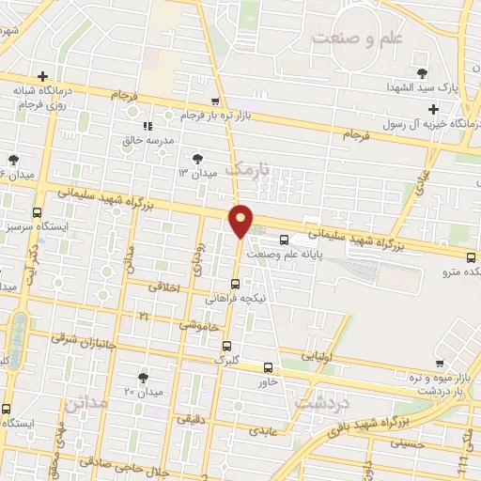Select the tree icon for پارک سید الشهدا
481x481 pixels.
click(x=422, y=71)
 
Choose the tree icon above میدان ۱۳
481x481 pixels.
click(x=197, y=159)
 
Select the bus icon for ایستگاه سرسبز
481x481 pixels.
click(x=37, y=212)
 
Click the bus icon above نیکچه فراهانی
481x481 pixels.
click(x=235, y=284)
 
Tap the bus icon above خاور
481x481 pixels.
click(x=269, y=367)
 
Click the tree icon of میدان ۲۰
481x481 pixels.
click(x=143, y=377)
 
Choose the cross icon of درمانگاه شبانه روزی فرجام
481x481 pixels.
click(x=42, y=76)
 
